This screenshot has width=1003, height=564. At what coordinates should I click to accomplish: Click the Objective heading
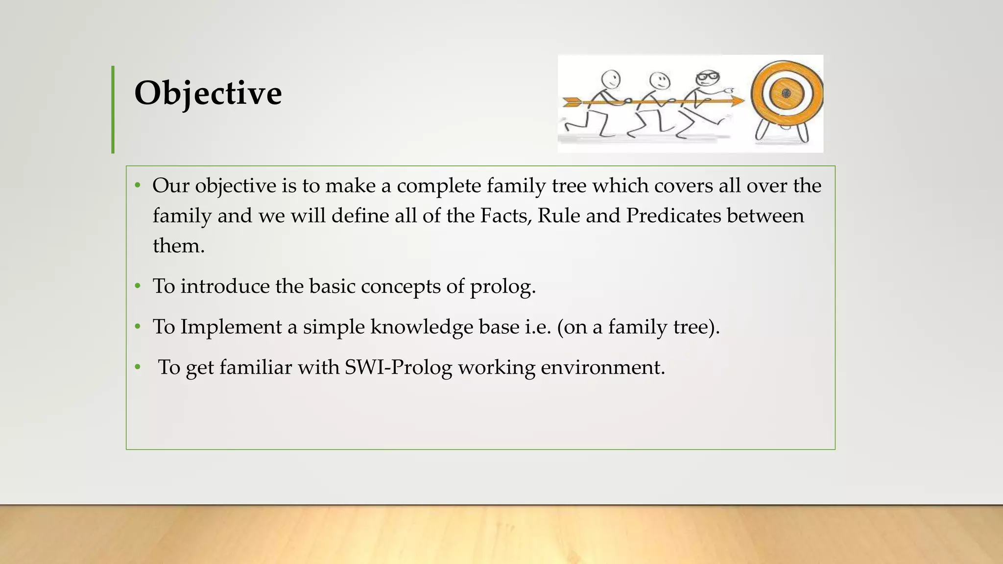tap(208, 93)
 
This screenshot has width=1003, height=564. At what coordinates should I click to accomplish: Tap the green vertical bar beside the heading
tap(113, 110)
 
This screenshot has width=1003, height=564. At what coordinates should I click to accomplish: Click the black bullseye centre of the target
tap(786, 94)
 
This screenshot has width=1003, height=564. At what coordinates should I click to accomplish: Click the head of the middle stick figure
tap(659, 80)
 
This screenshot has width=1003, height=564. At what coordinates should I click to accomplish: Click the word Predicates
tap(673, 216)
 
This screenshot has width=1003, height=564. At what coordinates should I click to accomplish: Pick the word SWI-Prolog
tap(399, 367)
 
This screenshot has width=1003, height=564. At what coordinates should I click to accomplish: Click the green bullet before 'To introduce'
tap(138, 286)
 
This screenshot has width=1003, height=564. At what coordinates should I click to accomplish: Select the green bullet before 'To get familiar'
tap(138, 367)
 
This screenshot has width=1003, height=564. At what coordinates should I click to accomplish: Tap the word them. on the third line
tap(178, 246)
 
